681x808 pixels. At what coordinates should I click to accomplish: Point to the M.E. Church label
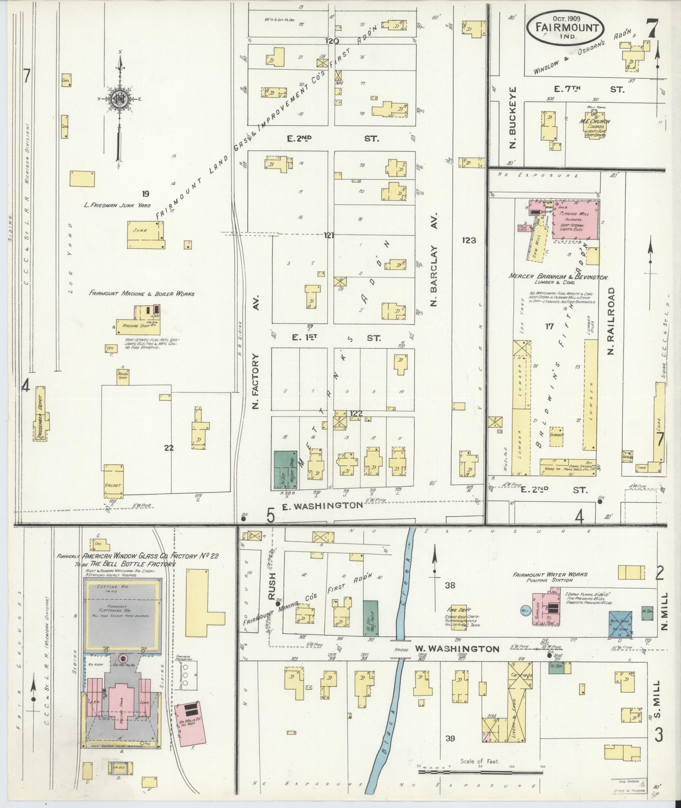(594, 121)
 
